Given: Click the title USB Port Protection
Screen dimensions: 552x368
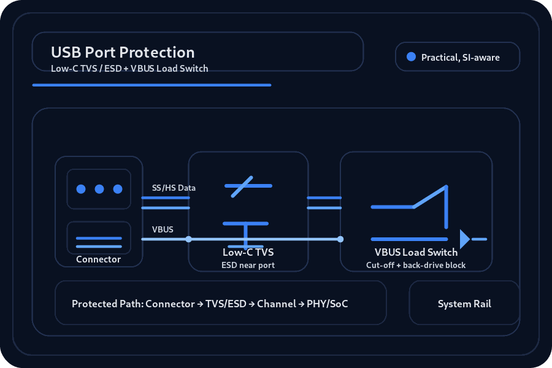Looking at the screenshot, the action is (x=123, y=53).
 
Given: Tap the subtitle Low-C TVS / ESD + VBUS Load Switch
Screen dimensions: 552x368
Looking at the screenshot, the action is (x=129, y=68).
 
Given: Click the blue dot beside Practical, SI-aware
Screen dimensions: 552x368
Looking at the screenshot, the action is (x=411, y=56).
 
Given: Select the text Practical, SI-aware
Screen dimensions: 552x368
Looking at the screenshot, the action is (x=461, y=58).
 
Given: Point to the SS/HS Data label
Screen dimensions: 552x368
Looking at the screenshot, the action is (x=174, y=188).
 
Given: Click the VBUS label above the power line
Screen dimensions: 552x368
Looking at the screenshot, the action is (x=163, y=229).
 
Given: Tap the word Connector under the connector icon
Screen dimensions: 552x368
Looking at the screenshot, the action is (x=98, y=259).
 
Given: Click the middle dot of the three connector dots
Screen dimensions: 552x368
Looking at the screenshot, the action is (x=99, y=189).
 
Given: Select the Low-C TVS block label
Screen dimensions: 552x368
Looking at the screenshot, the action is (x=248, y=252).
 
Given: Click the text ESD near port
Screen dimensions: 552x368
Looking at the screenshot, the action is (x=248, y=265).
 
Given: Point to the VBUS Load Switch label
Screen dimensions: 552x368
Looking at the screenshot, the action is (x=416, y=252).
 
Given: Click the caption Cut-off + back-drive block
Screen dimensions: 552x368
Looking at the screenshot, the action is (x=416, y=265).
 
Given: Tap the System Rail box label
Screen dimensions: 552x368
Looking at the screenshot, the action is (x=464, y=304).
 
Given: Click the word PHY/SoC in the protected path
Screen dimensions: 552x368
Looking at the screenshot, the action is (x=327, y=304).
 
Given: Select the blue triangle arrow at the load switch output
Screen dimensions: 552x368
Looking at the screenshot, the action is (x=465, y=239).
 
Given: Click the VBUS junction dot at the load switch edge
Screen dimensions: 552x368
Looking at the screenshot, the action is (x=340, y=239).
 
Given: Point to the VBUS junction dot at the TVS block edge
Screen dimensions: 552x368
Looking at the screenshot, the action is (x=189, y=239).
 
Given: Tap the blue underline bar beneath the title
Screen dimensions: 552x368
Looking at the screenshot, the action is (x=151, y=85).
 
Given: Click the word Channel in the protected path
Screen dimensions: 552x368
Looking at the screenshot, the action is (x=277, y=304).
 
